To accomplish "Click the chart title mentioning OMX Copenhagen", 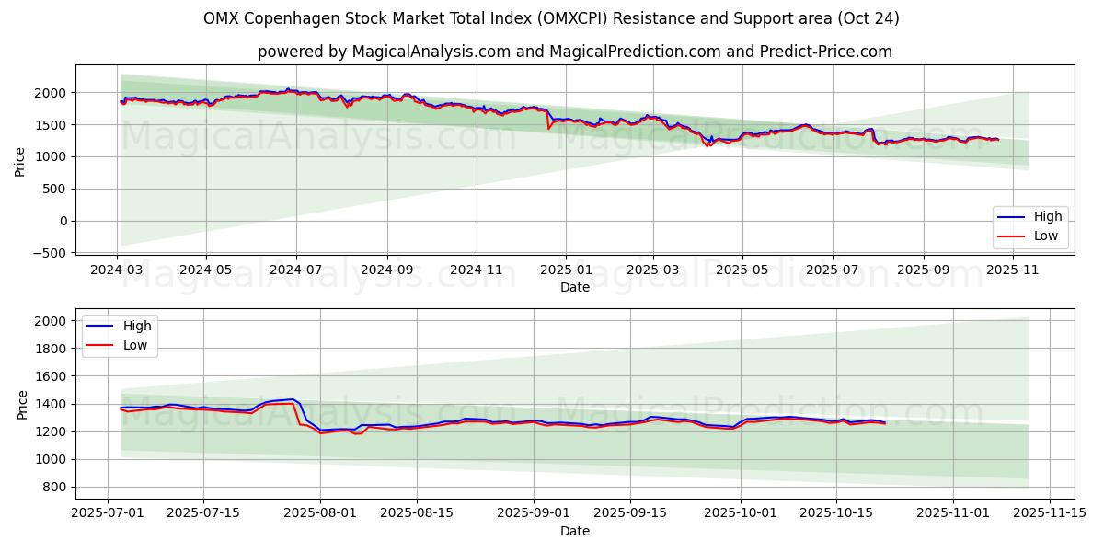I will (551, 18).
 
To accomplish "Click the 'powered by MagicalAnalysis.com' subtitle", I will (574, 52).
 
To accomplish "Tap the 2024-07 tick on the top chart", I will (296, 270).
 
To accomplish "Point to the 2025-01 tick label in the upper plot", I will (565, 270).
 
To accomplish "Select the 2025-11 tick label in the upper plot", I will (1012, 270).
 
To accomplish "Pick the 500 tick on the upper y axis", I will (57, 190).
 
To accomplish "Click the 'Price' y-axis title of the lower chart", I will (22, 404).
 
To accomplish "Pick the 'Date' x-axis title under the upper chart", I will (574, 287).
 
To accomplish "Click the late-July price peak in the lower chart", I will (293, 399).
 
